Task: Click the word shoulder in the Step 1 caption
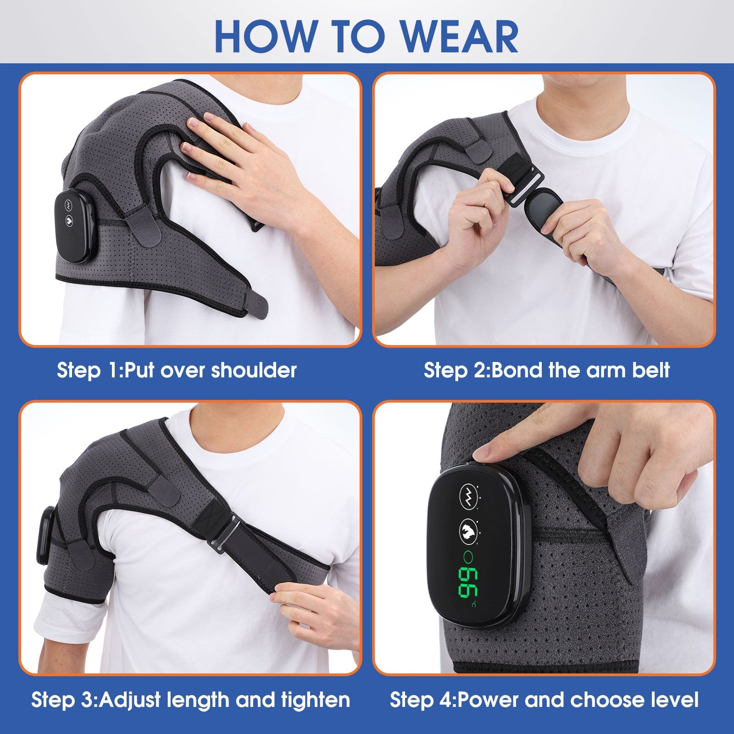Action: tap(253, 370)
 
